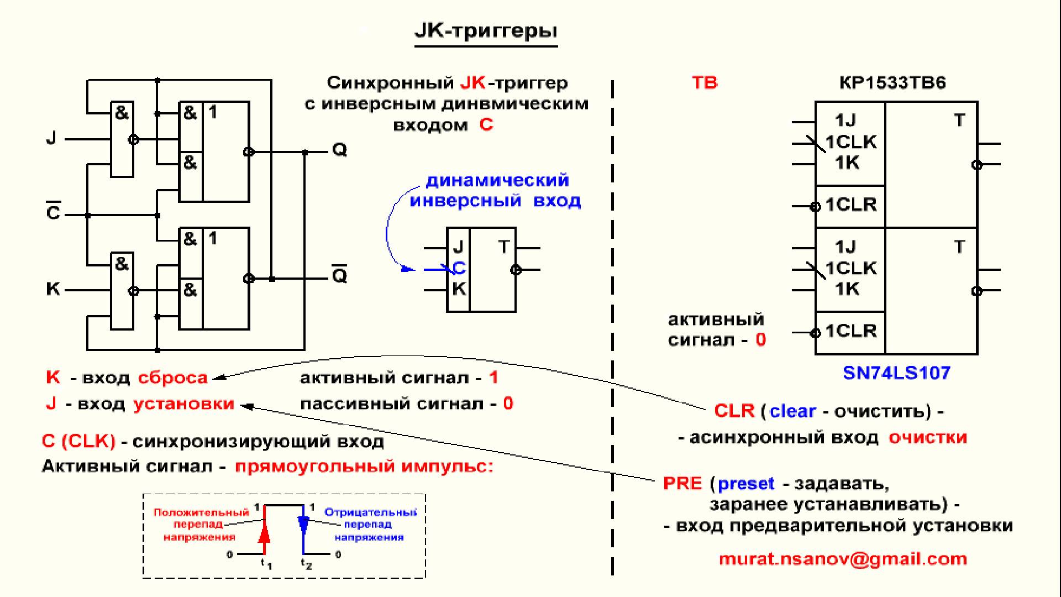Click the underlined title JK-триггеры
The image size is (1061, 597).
point(486,31)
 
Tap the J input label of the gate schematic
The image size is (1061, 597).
point(51,138)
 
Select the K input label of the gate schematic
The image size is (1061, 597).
point(53,289)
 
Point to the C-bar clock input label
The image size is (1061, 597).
point(53,212)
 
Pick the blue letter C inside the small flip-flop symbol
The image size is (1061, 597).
point(459,268)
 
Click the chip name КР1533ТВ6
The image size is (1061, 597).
point(892,83)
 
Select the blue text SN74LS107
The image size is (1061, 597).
point(896,373)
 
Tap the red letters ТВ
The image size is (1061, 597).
point(705,83)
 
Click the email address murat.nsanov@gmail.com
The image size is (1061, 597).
point(843,559)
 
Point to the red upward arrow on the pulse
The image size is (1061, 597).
point(265,533)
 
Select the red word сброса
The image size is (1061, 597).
point(173,378)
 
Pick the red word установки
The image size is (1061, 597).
point(184,404)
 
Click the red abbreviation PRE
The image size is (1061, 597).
point(682,484)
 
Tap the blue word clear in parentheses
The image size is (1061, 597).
point(792,411)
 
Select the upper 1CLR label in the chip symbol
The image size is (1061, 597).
point(851,205)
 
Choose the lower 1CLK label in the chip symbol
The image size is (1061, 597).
point(851,269)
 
